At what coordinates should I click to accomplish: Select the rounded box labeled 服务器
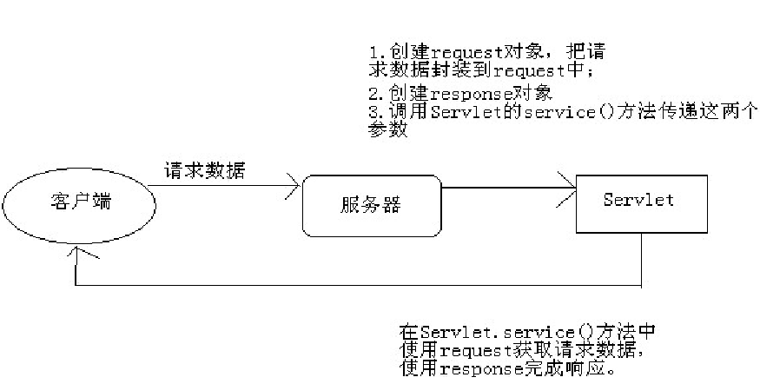coord(371,205)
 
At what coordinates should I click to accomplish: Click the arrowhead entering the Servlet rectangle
coord(571,184)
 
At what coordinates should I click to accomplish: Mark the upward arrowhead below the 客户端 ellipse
coord(78,253)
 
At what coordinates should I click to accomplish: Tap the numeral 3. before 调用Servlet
coord(374,112)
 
